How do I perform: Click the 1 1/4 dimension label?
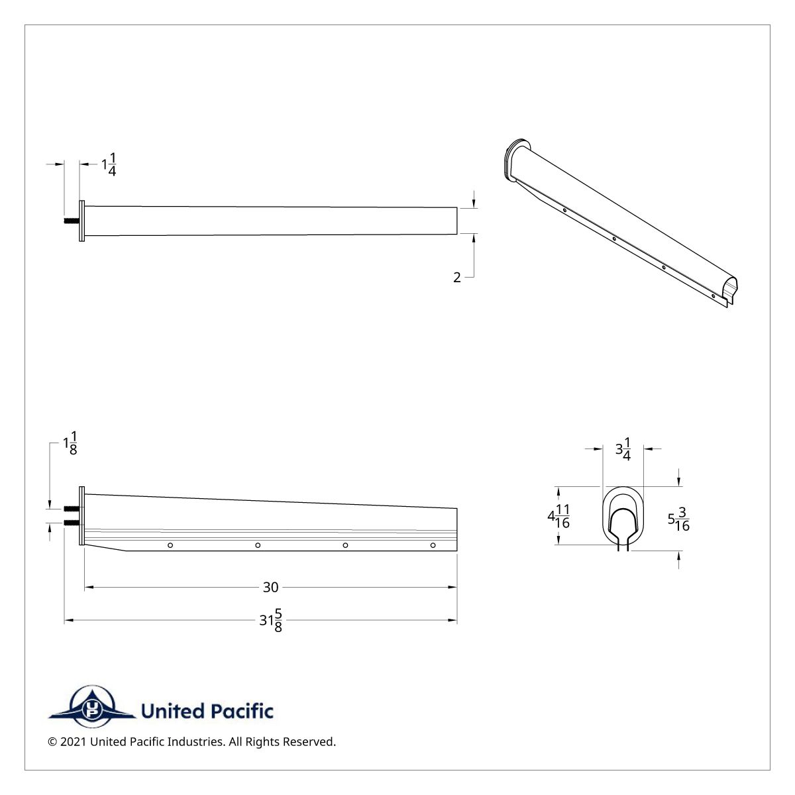coord(109,164)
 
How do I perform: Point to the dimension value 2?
coord(456,278)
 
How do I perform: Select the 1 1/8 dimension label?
coord(70,443)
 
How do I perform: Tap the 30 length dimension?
coord(270,587)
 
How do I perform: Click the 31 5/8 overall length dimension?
coord(270,621)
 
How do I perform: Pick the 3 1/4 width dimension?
coord(623,449)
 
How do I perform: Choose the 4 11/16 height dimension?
coord(558,515)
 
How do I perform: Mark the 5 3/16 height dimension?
coord(678,520)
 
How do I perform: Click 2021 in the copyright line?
coord(73,742)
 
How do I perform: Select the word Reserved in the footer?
coord(311,742)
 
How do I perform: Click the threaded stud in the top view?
coord(72,221)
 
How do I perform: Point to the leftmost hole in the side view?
coord(170,545)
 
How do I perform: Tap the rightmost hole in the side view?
coord(433,545)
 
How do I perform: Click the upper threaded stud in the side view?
coord(72,509)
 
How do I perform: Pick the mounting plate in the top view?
coord(82,221)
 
